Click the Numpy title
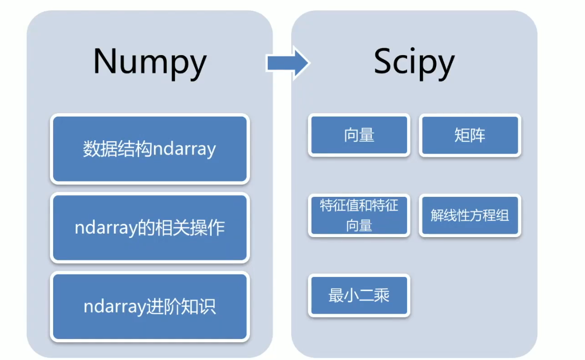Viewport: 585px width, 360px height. pyautogui.click(x=149, y=62)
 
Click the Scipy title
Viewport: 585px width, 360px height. pyautogui.click(x=414, y=62)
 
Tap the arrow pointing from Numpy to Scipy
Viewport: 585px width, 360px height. pyautogui.click(x=287, y=63)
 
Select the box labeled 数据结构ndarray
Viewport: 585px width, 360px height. pyautogui.click(x=149, y=149)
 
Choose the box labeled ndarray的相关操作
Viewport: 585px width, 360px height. pyautogui.click(x=149, y=227)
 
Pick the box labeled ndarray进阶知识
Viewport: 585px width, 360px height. pyautogui.click(x=149, y=306)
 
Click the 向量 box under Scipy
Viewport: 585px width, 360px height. pyautogui.click(x=359, y=135)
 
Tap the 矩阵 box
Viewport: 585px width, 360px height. pyautogui.click(x=470, y=135)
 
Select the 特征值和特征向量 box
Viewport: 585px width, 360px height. pyautogui.click(x=359, y=215)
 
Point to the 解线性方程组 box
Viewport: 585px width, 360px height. pyautogui.click(x=470, y=215)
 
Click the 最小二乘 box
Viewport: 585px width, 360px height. pyautogui.click(x=359, y=296)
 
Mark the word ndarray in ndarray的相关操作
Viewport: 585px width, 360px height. pyautogui.click(x=106, y=228)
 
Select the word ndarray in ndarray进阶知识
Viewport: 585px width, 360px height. pyautogui.click(x=115, y=307)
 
